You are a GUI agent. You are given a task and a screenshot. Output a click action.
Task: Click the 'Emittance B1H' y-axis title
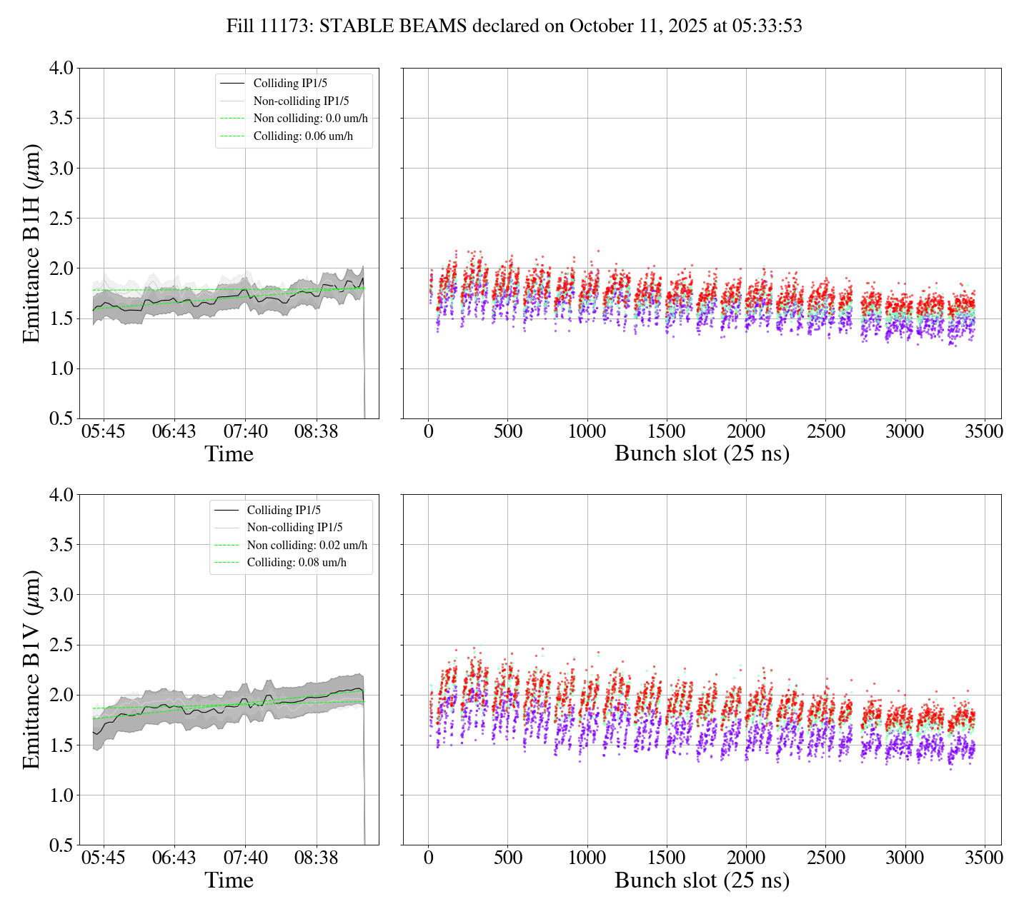(x=31, y=243)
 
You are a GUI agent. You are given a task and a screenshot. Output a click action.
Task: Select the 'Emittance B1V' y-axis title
(x=31, y=670)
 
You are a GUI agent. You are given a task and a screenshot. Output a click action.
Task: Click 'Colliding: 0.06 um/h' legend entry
(x=303, y=136)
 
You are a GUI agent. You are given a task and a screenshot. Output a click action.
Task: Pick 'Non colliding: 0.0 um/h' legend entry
(x=310, y=119)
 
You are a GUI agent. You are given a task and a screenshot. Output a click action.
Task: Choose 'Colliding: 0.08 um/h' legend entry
(x=297, y=563)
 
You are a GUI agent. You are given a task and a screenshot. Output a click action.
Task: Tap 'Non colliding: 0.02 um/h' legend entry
(x=307, y=546)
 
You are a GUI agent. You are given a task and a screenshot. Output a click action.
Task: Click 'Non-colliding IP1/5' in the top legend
(x=301, y=101)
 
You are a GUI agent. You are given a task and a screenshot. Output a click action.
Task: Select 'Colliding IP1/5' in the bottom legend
(x=284, y=511)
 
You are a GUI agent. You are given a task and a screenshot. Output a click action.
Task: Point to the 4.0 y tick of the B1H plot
(x=61, y=69)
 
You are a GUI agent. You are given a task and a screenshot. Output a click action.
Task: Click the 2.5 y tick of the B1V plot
(x=61, y=646)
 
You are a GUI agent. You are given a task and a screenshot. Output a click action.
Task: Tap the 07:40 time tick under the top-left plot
(x=246, y=432)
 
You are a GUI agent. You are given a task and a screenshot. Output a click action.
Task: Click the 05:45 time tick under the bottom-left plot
(x=103, y=858)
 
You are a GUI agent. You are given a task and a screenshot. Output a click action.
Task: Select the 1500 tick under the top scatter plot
(x=666, y=432)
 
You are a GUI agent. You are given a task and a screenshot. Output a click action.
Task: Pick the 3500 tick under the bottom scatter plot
(x=984, y=858)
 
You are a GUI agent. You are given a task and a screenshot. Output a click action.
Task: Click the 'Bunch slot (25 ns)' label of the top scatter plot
(x=702, y=454)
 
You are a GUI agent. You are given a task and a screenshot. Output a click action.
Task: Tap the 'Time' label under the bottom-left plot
(x=229, y=880)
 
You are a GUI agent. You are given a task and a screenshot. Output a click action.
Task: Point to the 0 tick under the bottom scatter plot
(x=428, y=858)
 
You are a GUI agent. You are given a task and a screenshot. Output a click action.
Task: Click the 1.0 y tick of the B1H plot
(x=61, y=368)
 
